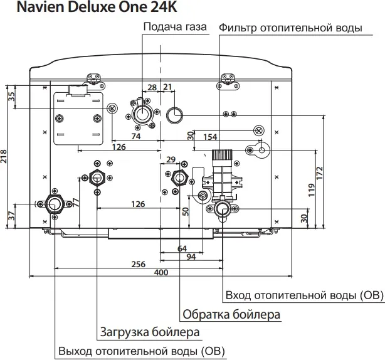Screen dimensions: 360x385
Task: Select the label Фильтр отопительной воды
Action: pyautogui.click(x=290, y=28)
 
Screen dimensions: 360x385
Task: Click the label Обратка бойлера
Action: pyautogui.click(x=231, y=314)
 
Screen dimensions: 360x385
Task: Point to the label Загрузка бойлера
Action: pyautogui.click(x=149, y=331)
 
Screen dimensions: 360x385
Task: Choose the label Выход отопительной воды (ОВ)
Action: pyautogui.click(x=140, y=350)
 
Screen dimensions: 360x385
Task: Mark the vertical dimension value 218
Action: pyautogui.click(x=5, y=156)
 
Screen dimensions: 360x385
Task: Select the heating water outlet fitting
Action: pyautogui.click(x=53, y=204)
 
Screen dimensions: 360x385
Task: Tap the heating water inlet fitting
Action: pyautogui.click(x=223, y=208)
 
